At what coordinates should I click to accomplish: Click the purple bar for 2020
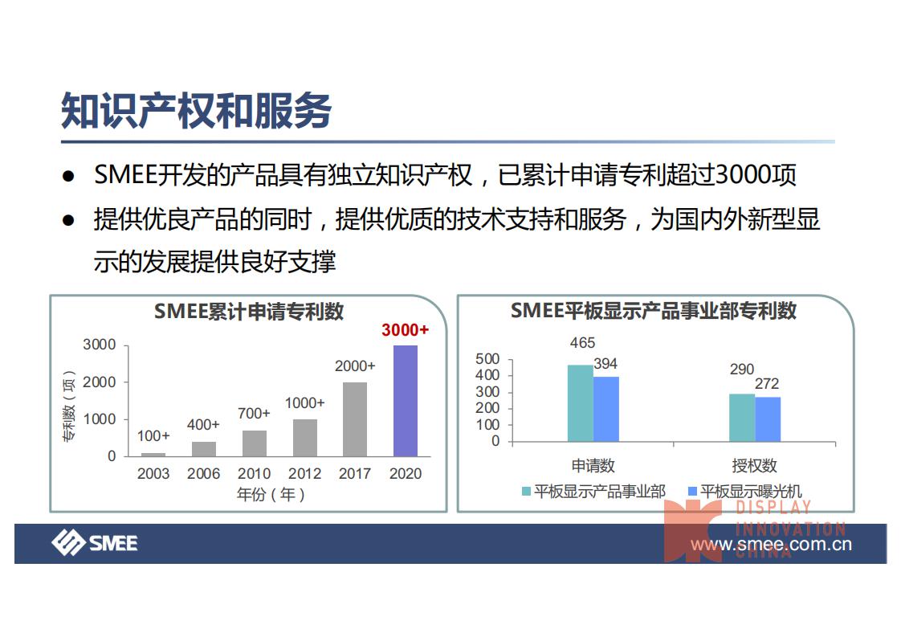(x=405, y=401)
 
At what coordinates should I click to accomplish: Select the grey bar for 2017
(x=355, y=419)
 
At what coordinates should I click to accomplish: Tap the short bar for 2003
(x=153, y=454)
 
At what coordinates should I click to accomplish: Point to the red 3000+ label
(x=405, y=330)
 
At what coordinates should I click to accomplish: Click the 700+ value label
(x=254, y=414)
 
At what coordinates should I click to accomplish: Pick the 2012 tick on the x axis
(x=304, y=474)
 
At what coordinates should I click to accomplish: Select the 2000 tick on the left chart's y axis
(x=100, y=382)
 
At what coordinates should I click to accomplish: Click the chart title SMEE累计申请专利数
(x=249, y=312)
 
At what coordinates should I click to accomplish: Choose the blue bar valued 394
(x=606, y=409)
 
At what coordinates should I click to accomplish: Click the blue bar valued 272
(x=768, y=419)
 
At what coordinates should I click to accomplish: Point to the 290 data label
(x=742, y=370)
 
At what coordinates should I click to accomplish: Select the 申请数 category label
(x=593, y=466)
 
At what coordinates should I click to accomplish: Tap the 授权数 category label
(x=755, y=466)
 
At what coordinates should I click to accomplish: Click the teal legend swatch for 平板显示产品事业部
(x=527, y=492)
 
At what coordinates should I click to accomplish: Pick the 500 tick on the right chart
(x=487, y=359)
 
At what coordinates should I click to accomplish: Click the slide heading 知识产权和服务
(x=197, y=111)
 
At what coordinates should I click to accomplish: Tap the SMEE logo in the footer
(x=95, y=543)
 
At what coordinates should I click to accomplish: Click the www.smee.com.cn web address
(x=771, y=545)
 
